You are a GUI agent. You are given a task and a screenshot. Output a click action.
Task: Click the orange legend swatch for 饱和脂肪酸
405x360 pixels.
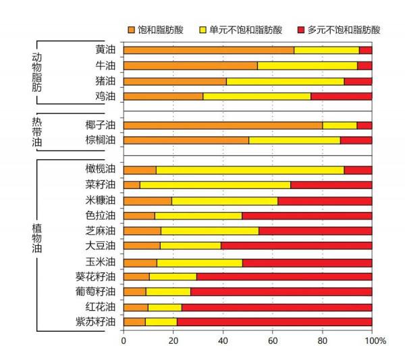coord(132,30)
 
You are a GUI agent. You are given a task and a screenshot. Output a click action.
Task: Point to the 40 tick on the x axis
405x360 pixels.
coord(223,341)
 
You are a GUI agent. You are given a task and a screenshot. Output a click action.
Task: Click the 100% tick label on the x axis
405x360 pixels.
coord(375,341)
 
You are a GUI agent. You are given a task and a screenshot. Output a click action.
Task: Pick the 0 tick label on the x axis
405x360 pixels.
coord(124,341)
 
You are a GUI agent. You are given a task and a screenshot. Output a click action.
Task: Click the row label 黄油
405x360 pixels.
coord(105,50)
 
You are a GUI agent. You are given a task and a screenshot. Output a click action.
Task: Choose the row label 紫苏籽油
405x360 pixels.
coord(97,322)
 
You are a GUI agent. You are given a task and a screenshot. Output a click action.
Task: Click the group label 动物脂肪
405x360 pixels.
coord(37,71)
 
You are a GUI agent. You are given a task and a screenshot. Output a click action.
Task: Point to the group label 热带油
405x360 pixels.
coord(37,132)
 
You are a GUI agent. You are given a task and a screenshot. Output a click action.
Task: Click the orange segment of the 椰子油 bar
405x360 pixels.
coord(223,125)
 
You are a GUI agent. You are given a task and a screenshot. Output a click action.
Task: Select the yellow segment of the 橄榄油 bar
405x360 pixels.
coord(250,170)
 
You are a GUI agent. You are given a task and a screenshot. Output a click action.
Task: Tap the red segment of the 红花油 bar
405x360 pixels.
coord(277,307)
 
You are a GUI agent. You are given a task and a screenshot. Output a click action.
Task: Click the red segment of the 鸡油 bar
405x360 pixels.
coord(341,96)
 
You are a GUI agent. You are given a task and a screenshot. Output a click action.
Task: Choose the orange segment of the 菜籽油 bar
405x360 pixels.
coord(132,184)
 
